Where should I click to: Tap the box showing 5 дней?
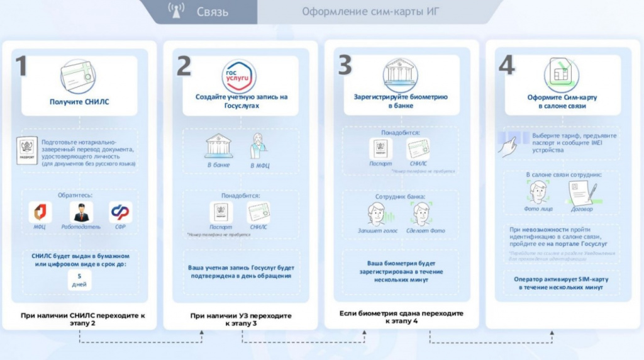[x=80, y=280]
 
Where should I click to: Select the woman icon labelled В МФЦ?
[x=258, y=146]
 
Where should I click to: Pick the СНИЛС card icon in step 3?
[x=418, y=148]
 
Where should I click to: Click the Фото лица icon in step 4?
[x=538, y=192]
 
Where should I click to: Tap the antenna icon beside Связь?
[x=176, y=11]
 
